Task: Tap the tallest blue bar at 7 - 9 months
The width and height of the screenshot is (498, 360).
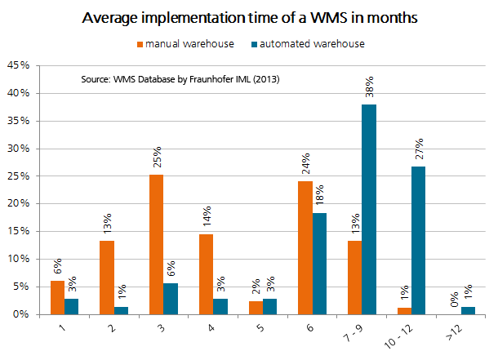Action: click(369, 209)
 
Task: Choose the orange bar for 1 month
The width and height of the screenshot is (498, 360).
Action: click(56, 297)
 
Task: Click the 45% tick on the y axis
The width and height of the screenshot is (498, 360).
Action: click(20, 65)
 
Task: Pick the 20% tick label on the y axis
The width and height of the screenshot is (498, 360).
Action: click(20, 203)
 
